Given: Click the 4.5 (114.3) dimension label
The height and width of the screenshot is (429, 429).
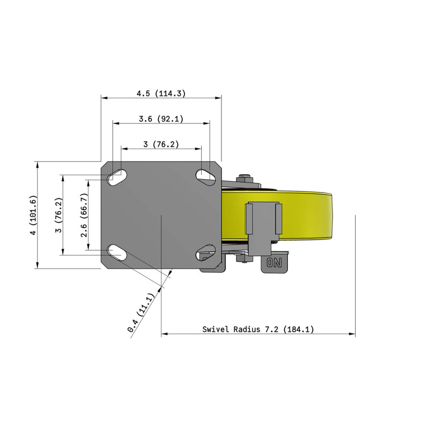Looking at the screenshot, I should click(x=161, y=93).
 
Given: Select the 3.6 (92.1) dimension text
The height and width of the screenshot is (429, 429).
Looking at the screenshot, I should click(x=161, y=119).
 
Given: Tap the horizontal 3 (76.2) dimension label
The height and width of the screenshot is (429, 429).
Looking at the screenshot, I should click(x=161, y=144).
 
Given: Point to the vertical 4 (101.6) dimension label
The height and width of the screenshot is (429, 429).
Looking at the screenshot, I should click(x=34, y=216).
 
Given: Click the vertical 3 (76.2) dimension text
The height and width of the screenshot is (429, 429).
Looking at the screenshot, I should click(x=60, y=215).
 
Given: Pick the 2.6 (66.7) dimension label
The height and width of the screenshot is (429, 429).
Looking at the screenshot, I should click(x=84, y=214).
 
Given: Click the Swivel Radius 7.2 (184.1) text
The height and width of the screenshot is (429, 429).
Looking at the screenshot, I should click(x=258, y=329).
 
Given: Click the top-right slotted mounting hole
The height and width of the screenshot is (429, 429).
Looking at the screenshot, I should click(x=205, y=175).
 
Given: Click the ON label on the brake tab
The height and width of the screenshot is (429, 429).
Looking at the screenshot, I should click(x=274, y=263).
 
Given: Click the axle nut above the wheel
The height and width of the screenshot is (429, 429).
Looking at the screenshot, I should click(x=245, y=179).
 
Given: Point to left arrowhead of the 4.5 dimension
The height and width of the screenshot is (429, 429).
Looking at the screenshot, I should click(x=104, y=98).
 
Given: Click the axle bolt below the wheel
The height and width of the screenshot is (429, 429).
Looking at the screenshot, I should click(x=245, y=258).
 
